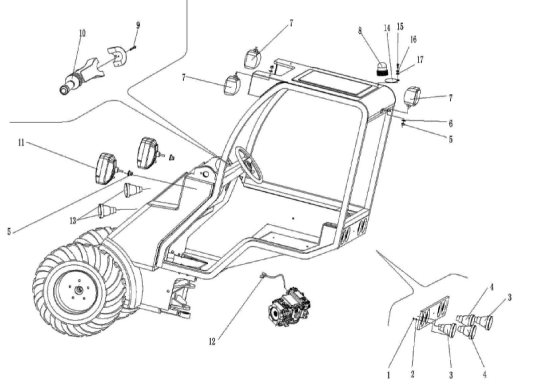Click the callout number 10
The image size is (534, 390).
coord(82,33)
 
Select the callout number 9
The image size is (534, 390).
coord(138,25)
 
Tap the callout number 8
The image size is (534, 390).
coord(360,30)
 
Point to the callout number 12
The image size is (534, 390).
coord(212,341)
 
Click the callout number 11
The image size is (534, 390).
coord(21,142)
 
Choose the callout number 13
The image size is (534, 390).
coord(73,221)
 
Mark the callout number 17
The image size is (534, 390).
coord(420,60)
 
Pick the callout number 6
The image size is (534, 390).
coord(451,123)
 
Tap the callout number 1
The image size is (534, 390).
coord(389,375)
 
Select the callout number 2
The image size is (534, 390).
coord(412,374)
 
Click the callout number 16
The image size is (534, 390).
coord(413,39)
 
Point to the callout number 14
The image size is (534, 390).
coord(387,28)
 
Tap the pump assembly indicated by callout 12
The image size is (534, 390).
coord(289,307)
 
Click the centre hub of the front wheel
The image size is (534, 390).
coord(79,290)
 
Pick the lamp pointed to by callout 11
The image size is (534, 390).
coord(106,169)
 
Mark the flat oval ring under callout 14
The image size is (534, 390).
coord(391,80)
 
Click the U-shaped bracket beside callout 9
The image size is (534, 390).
coord(117,56)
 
